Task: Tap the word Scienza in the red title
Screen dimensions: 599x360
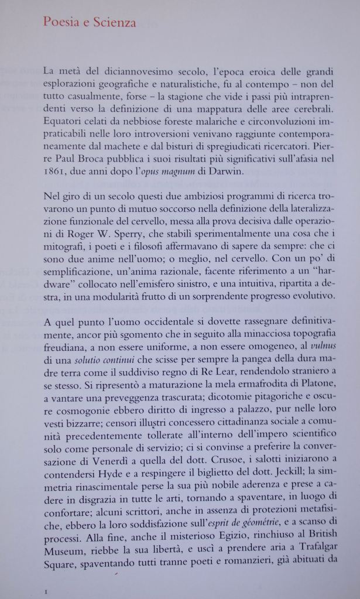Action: click(x=115, y=23)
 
